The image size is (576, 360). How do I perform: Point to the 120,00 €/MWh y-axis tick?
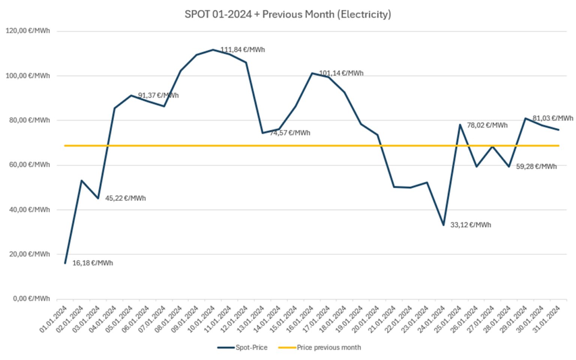28,31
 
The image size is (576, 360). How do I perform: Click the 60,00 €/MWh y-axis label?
28,165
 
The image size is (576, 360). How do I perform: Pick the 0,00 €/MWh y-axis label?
31,298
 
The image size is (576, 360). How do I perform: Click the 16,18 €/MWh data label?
92,263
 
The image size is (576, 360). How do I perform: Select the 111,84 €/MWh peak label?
242,49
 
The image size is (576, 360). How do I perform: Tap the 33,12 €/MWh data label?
470,225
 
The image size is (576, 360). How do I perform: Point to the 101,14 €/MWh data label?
341,73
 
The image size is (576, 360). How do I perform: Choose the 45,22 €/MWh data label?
125,198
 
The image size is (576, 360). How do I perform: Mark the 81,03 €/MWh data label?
553,118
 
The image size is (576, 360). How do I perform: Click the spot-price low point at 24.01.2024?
443,225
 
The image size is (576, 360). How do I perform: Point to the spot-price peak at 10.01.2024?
213,49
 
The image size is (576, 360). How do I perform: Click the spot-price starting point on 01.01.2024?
65,263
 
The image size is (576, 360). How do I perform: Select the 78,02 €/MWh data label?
487,125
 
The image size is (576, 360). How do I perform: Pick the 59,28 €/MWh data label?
536,166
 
